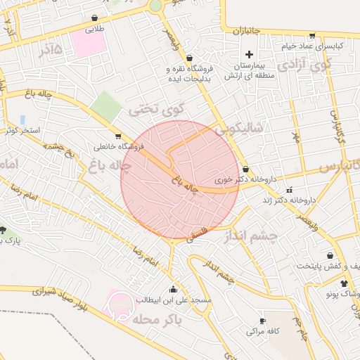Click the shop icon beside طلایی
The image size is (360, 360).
94,18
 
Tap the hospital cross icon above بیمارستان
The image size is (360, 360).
248,54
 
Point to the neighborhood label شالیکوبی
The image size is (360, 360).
239,128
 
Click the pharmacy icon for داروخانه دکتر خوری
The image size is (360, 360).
245,169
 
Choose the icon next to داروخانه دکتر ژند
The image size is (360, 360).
289,190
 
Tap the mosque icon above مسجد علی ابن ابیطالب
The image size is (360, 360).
173,289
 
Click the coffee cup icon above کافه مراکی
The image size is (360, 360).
262,320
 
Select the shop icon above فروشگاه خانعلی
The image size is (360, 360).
117,136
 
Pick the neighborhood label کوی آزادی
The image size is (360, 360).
304,65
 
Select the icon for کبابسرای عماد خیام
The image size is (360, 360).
311,34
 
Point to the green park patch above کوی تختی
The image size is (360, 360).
106,105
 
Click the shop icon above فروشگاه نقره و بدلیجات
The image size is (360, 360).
188,59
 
